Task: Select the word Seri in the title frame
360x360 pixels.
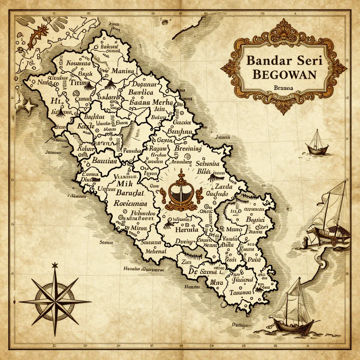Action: [306, 60]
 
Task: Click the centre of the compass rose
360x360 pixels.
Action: [55, 301]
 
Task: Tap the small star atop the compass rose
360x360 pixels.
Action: [54, 265]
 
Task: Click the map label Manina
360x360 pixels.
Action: [123, 71]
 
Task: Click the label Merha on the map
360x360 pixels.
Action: [163, 103]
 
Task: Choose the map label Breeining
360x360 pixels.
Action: [188, 148]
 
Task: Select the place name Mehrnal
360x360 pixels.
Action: [153, 251]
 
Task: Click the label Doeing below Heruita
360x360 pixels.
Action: [184, 241]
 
